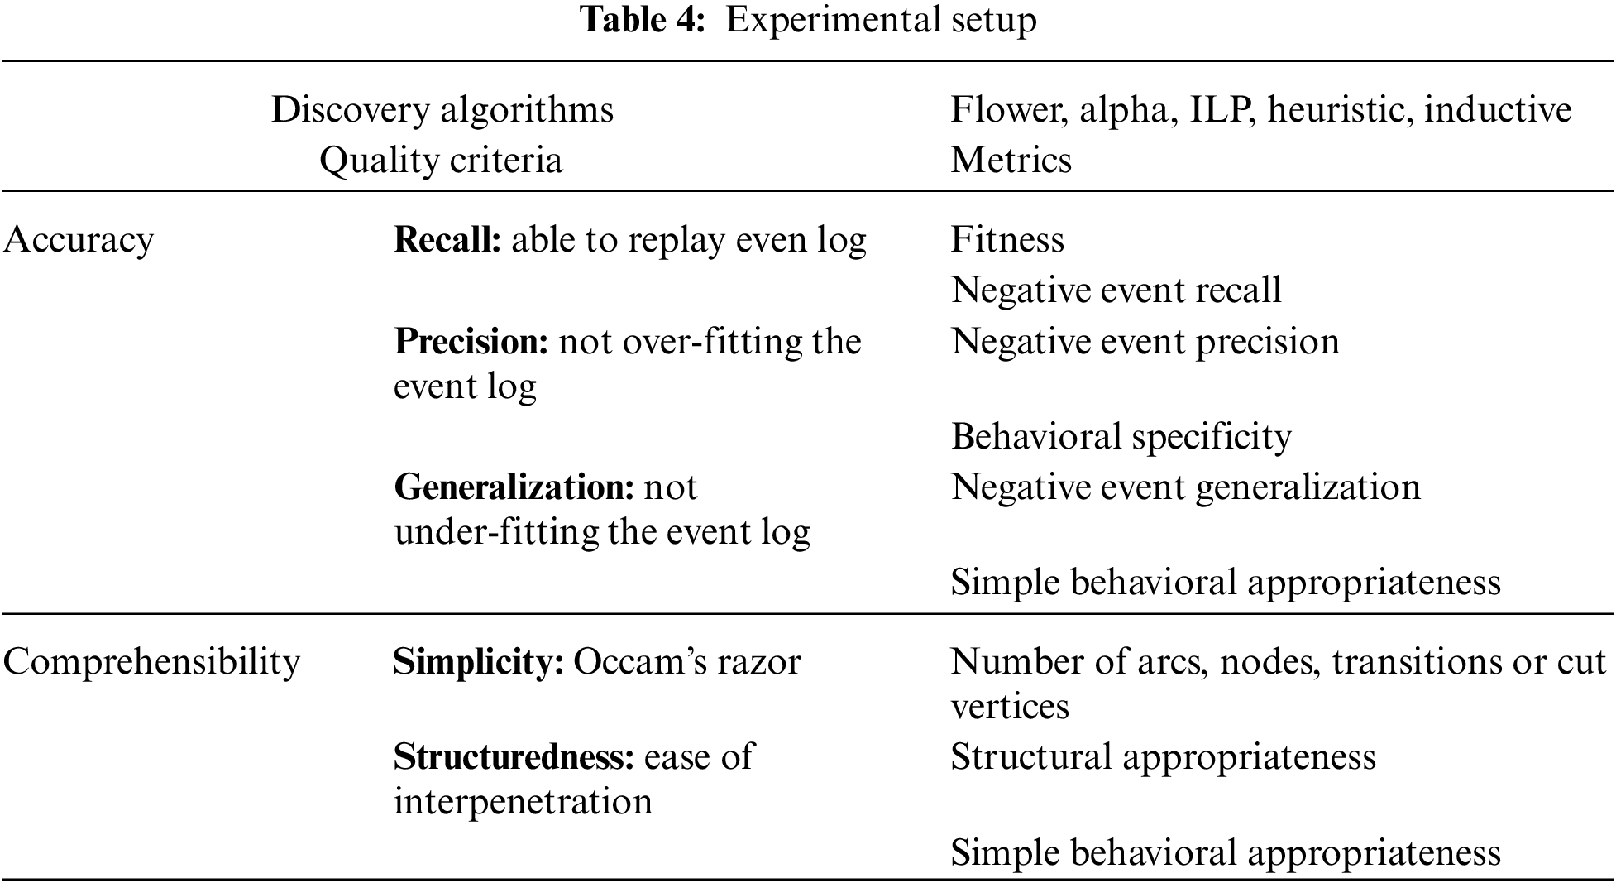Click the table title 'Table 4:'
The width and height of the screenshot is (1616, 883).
643,20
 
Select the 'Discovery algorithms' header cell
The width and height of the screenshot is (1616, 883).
442,110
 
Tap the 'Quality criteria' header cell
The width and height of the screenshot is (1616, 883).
441,160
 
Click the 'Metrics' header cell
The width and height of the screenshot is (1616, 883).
1011,160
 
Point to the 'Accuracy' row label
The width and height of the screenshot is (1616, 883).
79,240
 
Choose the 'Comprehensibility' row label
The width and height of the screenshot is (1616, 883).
151,662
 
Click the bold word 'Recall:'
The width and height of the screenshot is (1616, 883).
447,240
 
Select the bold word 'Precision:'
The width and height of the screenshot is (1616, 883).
471,342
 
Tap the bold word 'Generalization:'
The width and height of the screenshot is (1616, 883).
514,487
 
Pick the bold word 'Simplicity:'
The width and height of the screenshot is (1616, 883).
478,662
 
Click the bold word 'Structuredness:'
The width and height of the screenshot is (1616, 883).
514,756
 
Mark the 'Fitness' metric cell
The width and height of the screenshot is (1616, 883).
1007,240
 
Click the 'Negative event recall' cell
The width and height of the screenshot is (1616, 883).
1116,290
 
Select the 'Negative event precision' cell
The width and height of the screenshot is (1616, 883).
1145,342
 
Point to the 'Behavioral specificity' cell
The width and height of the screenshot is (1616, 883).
1121,436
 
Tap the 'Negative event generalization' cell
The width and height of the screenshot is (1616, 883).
1185,487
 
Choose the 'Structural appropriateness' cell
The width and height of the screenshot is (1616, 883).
1163,756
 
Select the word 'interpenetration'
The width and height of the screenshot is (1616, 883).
523,801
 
